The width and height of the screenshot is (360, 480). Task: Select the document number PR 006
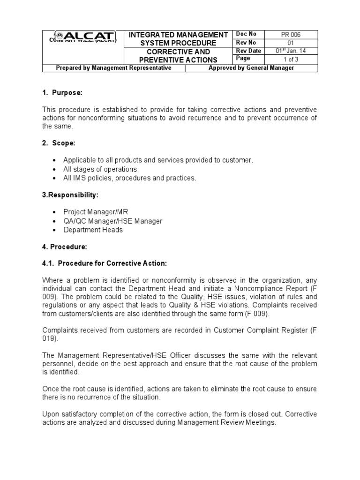[291, 35]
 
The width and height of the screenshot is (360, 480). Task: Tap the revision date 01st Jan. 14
[291, 51]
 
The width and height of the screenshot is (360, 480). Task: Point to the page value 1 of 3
[291, 59]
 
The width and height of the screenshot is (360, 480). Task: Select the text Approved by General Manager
[251, 68]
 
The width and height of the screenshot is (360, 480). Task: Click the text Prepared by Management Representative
[113, 68]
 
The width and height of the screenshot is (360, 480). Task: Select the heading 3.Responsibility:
[70, 195]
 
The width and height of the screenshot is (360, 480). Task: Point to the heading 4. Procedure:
[65, 247]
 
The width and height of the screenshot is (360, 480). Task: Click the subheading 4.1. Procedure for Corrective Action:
[105, 263]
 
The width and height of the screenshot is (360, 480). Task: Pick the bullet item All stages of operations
[100, 169]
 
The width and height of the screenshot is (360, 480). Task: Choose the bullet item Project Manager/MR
[96, 212]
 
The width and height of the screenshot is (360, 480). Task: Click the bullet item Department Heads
[93, 230]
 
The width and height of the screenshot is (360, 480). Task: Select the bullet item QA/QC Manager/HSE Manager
[112, 221]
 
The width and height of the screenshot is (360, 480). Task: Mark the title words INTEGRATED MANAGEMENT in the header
[178, 35]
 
